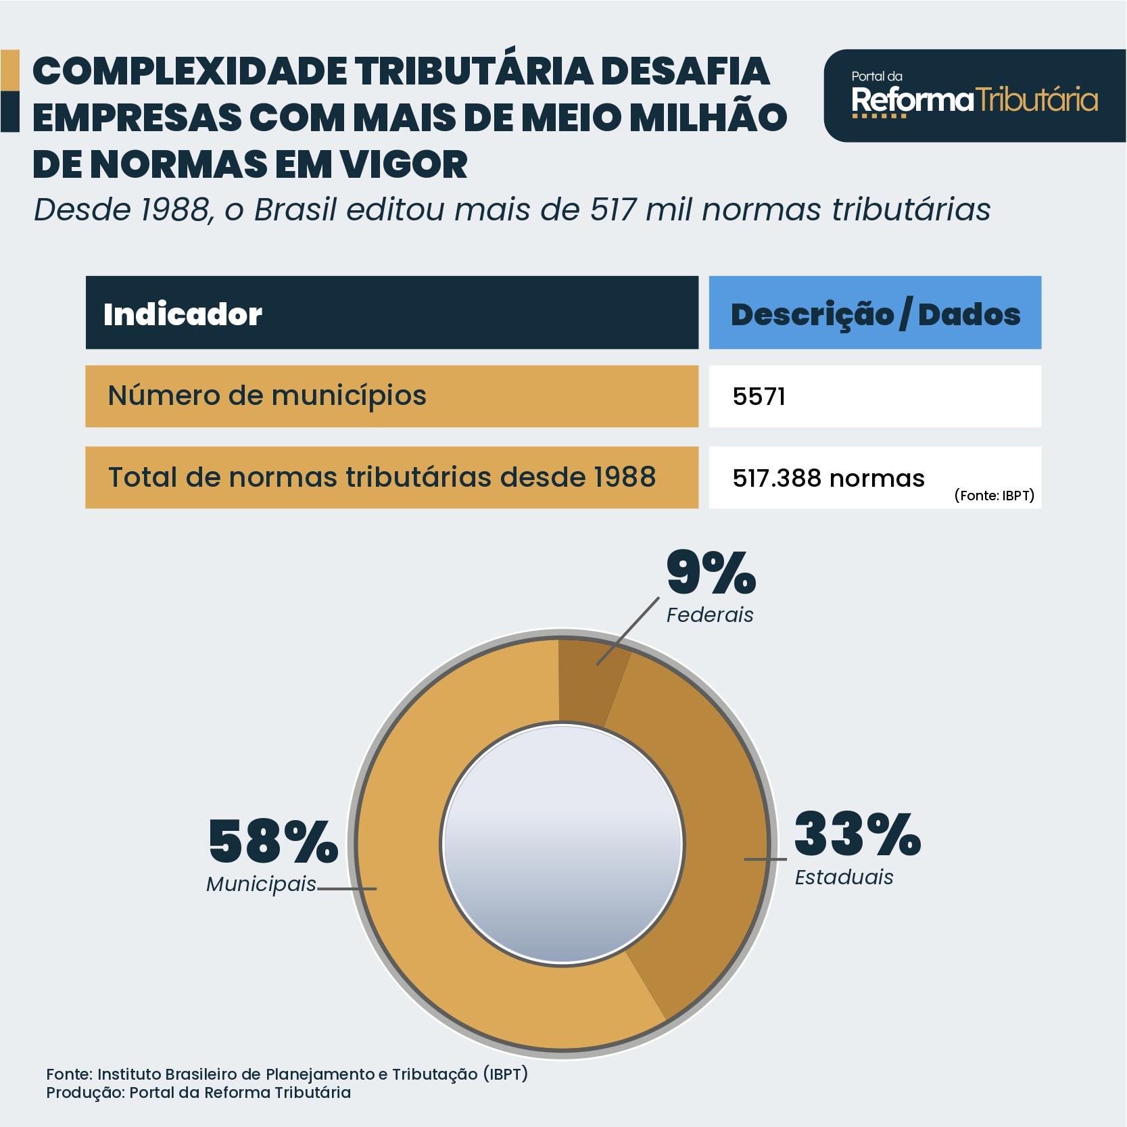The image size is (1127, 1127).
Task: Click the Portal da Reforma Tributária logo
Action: tap(974, 96)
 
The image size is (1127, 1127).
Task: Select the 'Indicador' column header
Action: tap(183, 314)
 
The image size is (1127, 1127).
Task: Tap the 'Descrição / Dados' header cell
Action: tap(875, 314)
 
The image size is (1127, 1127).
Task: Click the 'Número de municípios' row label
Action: tap(267, 395)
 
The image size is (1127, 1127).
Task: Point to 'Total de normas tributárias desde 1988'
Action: tap(382, 477)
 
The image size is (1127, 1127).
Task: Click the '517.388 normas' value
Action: tap(828, 479)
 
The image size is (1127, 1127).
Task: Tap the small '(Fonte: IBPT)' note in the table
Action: tap(994, 496)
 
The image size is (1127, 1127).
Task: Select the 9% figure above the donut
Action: tap(711, 573)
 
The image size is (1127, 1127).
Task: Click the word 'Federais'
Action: tap(709, 615)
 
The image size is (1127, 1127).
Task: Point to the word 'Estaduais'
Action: tap(844, 878)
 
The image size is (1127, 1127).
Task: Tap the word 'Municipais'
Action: tap(261, 884)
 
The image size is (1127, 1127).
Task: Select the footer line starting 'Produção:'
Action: tap(198, 1093)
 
